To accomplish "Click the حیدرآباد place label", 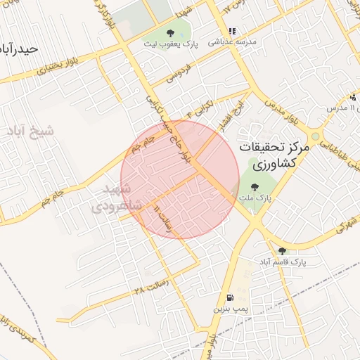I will click(x=18, y=49).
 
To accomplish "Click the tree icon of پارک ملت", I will click(x=254, y=187).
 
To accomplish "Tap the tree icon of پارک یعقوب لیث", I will click(x=169, y=33).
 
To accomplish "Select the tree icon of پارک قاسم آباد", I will click(x=282, y=250).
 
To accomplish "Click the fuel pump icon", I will click(x=230, y=297).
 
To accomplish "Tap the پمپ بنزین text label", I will click(x=231, y=309).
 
